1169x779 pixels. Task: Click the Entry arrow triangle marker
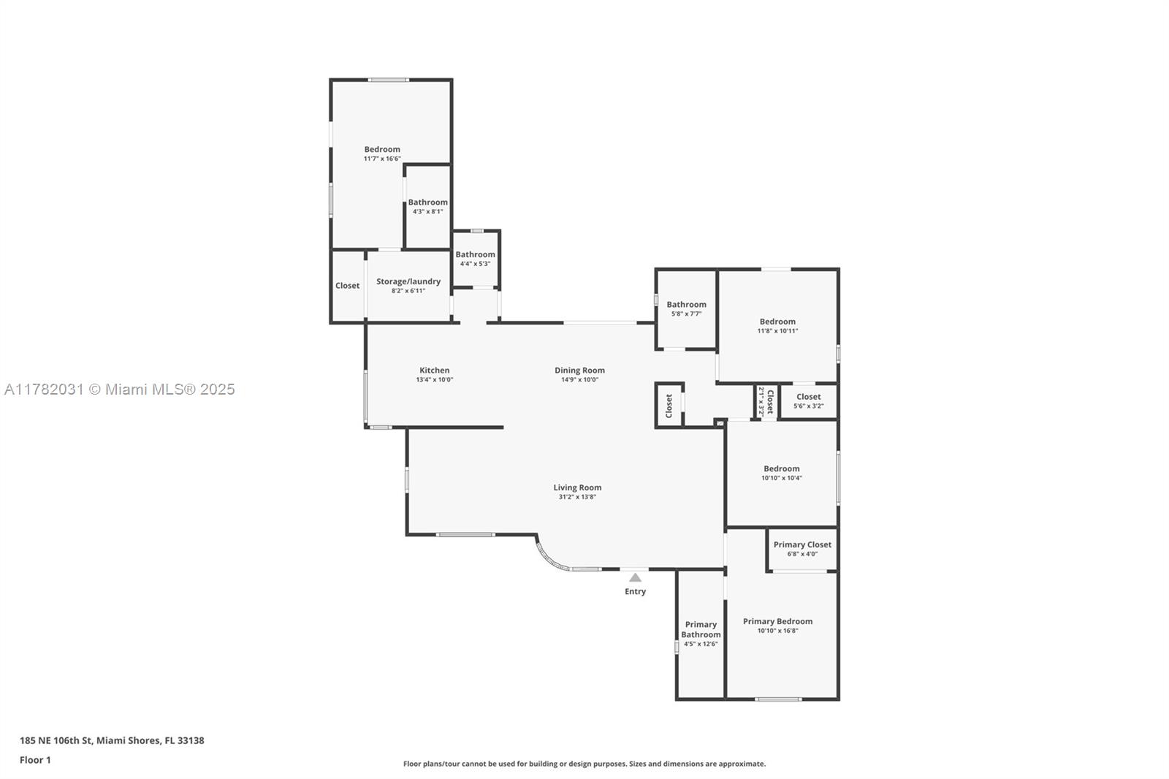(x=635, y=577)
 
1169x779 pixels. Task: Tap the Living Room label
(x=577, y=487)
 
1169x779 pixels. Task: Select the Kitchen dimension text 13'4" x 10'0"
(x=434, y=380)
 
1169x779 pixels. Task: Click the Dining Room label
(x=580, y=370)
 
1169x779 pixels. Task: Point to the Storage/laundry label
(x=408, y=281)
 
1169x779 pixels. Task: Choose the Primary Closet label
(x=803, y=544)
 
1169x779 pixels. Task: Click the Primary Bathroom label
(x=701, y=630)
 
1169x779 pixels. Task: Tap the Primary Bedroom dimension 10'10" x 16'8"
(x=777, y=631)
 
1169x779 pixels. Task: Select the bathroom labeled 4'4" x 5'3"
(x=475, y=259)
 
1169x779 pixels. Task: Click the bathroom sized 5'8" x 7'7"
(x=686, y=308)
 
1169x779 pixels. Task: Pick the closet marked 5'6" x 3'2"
(x=808, y=401)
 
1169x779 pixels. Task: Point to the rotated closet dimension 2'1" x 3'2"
(x=761, y=401)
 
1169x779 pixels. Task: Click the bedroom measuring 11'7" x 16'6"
(x=383, y=153)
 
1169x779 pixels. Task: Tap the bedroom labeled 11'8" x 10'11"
(x=777, y=326)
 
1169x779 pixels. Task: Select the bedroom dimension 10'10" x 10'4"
(x=782, y=478)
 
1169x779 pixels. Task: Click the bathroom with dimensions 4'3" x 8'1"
(x=428, y=206)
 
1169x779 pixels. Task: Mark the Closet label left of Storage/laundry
(x=348, y=286)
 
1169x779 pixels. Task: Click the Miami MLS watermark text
(x=120, y=389)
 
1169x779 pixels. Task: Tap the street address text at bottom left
(x=113, y=740)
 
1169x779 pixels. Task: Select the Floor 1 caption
(x=36, y=760)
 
